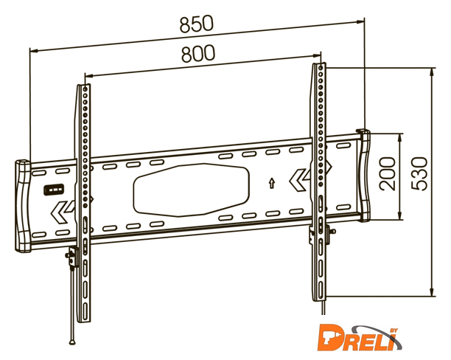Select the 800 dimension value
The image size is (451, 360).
pyautogui.click(x=197, y=53)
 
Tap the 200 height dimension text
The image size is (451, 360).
pyautogui.click(x=389, y=177)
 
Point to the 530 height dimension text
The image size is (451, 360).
pyautogui.click(x=420, y=174)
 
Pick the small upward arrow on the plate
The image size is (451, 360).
pyautogui.click(x=272, y=181)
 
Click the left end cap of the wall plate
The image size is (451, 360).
pyautogui.click(x=23, y=204)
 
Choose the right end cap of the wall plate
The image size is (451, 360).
pyautogui.click(x=364, y=174)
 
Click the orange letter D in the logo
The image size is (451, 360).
pyautogui.click(x=330, y=339)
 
